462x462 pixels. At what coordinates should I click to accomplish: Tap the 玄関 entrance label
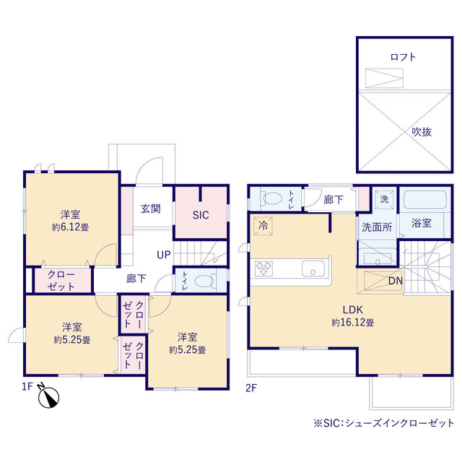150,209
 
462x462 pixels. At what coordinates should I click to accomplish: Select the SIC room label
200,214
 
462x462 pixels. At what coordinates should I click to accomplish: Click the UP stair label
164,256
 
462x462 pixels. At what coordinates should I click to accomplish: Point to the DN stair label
396,281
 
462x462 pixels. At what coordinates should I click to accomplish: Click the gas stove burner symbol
263,269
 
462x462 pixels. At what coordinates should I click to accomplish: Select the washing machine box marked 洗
384,199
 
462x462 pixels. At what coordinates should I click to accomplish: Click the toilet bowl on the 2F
273,197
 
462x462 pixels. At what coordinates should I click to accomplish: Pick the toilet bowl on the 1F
204,280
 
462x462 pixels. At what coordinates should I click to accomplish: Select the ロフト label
403,56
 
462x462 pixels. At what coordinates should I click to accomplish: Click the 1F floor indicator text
27,387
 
